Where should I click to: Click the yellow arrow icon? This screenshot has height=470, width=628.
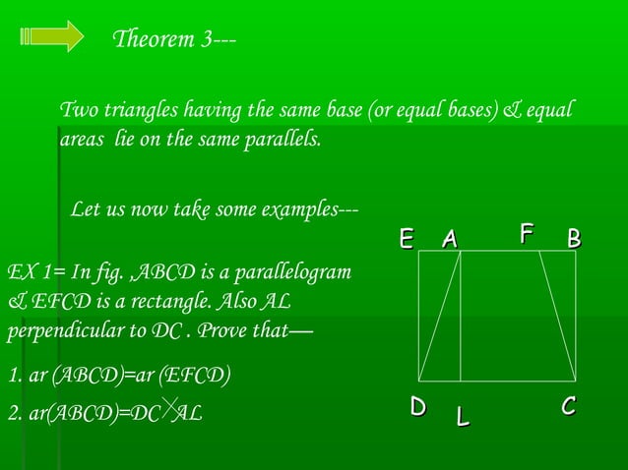click(51, 36)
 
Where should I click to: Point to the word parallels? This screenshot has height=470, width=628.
click(283, 139)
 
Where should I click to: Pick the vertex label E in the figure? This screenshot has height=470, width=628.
click(406, 239)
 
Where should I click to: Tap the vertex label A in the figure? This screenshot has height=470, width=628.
click(450, 239)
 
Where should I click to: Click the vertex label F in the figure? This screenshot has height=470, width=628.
click(527, 234)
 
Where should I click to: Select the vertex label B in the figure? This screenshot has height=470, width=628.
click(574, 239)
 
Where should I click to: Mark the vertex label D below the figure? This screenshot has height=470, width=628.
click(418, 406)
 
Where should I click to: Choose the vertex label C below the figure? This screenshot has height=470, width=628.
click(569, 406)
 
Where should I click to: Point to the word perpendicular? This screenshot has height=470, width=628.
click(57, 330)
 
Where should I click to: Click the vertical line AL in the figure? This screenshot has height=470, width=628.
click(461, 315)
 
